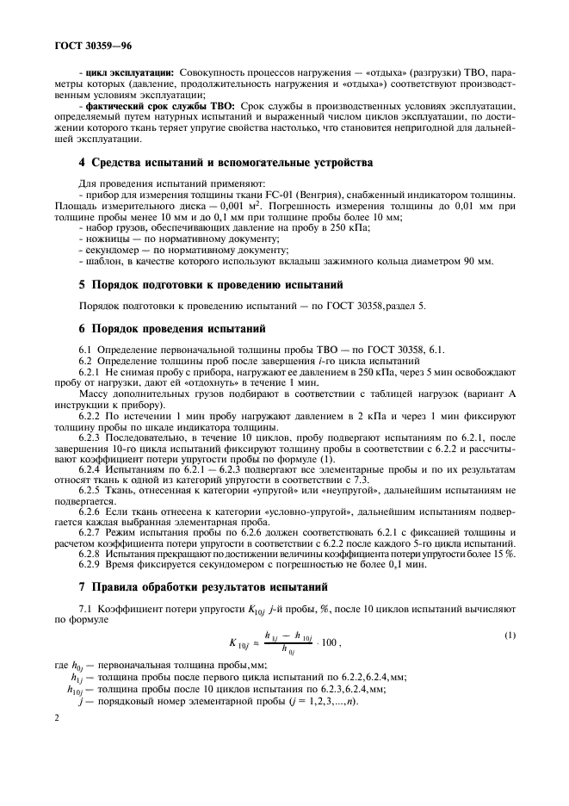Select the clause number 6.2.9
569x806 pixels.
pyautogui.click(x=91, y=563)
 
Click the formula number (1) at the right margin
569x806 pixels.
pyautogui.click(x=510, y=636)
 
